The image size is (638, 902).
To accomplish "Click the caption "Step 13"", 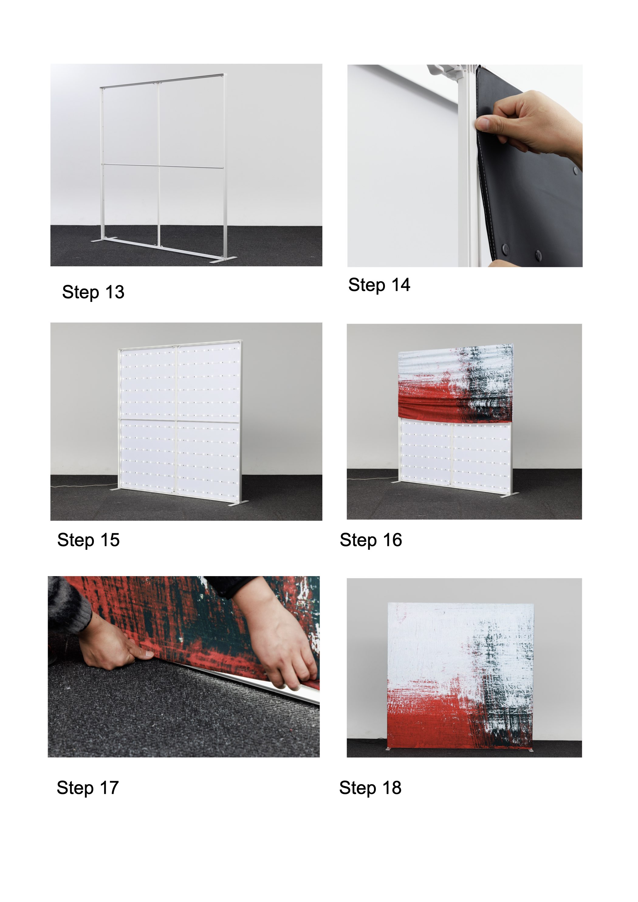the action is tap(93, 292).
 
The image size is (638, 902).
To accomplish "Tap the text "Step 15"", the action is tap(88, 540).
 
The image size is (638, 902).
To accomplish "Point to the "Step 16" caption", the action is tap(371, 540).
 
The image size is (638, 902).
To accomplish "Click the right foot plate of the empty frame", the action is tap(223, 259).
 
